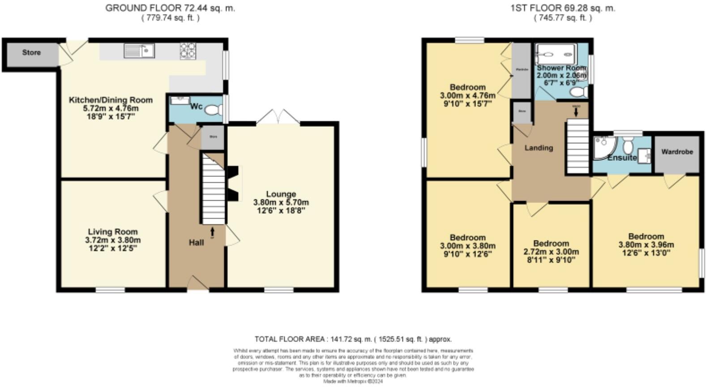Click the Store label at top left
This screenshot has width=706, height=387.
tap(31, 52)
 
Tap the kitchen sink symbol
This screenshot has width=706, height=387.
tap(139, 51)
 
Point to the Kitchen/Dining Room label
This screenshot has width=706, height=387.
tap(111, 100)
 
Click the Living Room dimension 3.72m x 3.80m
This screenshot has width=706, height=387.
tap(113, 240)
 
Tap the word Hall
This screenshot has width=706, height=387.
tap(196, 242)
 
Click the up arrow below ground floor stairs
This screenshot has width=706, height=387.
tap(212, 232)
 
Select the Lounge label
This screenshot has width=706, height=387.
tap(281, 194)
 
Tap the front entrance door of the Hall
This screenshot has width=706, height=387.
tap(197, 284)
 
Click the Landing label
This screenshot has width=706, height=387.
tap(539, 148)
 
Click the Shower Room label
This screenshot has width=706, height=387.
tap(561, 68)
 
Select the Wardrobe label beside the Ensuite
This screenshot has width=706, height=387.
tap(677, 152)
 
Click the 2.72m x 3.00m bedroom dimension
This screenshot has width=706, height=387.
tap(551, 252)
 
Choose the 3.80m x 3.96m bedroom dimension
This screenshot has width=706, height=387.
tap(646, 245)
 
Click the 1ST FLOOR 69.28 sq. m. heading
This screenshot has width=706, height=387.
tap(563, 8)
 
